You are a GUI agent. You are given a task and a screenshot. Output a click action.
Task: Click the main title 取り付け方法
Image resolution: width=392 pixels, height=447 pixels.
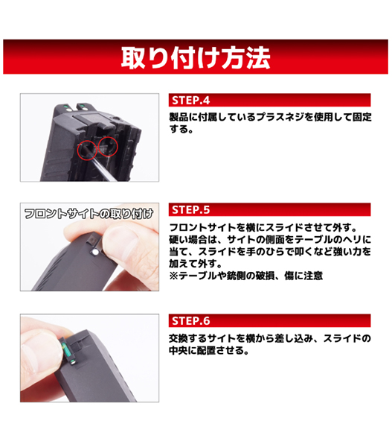[x=196, y=57]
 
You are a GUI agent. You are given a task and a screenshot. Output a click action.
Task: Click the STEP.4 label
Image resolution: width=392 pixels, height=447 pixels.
[x=190, y=101]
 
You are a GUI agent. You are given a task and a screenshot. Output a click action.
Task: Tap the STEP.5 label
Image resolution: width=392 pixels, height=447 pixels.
[x=190, y=210]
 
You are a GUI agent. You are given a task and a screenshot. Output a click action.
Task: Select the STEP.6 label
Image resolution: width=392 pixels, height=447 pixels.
[x=190, y=321]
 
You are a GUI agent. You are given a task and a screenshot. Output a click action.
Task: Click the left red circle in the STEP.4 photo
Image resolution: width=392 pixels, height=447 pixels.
[x=86, y=150]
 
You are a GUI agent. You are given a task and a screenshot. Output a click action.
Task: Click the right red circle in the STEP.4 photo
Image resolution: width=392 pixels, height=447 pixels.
[x=108, y=147]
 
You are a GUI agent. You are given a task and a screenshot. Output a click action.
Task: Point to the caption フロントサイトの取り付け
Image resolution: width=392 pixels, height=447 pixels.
[x=89, y=214]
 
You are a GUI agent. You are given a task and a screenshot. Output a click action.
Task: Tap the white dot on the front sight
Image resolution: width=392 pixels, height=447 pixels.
[x=94, y=252]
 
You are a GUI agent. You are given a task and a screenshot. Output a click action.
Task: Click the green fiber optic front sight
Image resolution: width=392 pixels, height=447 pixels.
[x=66, y=350]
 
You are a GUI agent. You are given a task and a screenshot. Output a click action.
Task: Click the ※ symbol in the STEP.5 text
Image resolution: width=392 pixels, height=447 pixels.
[x=173, y=276]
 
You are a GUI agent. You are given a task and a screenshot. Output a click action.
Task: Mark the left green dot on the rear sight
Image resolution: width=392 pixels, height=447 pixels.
[x=65, y=107]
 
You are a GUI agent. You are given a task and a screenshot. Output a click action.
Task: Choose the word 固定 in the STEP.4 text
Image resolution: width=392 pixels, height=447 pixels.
[x=362, y=117]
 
